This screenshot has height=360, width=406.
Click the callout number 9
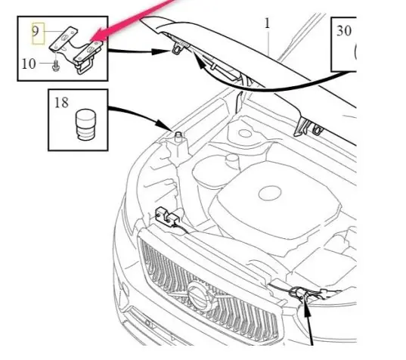[x=36, y=32]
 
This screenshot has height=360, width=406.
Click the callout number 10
[x=29, y=64]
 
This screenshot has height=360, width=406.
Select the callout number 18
[x=62, y=103]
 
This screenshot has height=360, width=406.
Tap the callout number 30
[x=344, y=31]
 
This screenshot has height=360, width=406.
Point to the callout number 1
[x=267, y=24]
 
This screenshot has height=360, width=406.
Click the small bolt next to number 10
[x=55, y=66]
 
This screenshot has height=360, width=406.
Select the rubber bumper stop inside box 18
[x=85, y=125]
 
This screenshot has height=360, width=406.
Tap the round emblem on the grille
[x=199, y=294]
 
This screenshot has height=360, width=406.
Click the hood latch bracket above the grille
[x=168, y=216]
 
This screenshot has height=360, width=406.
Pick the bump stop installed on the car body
[x=178, y=136]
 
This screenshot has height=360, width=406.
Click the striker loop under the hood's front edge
[x=178, y=49]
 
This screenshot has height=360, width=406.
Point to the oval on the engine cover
[x=270, y=194]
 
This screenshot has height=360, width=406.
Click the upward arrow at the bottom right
[x=308, y=321]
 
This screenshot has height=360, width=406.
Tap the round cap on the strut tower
[x=244, y=134]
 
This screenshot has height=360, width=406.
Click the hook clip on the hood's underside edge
[x=318, y=129]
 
